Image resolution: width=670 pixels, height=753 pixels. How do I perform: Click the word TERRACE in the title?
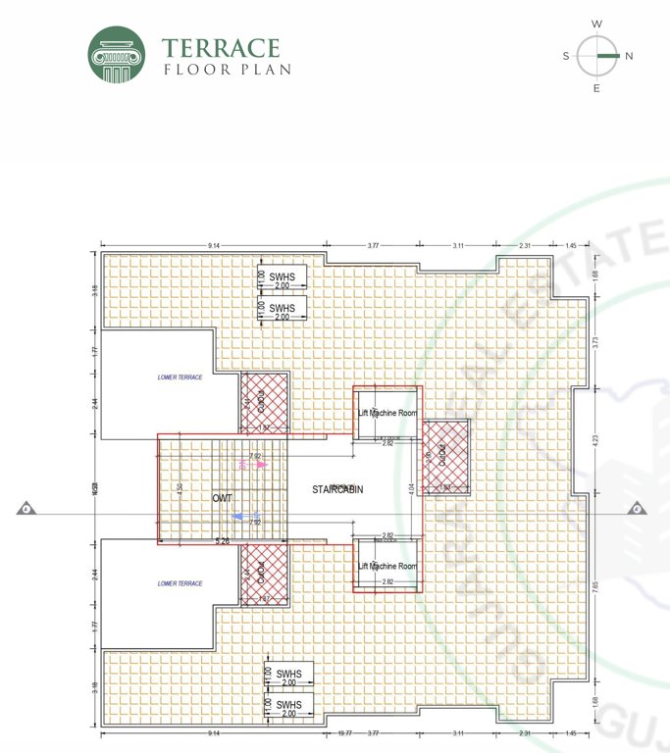(x=221, y=48)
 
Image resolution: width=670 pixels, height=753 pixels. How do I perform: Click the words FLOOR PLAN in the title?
(x=227, y=70)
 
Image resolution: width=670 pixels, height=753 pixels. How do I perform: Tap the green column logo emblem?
(x=117, y=55)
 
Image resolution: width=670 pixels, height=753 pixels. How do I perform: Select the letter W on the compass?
(x=596, y=24)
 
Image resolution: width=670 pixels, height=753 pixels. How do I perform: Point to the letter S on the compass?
(x=566, y=56)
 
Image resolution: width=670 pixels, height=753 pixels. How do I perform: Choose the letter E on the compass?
(x=596, y=88)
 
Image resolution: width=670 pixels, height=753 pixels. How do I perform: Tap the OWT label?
(x=223, y=498)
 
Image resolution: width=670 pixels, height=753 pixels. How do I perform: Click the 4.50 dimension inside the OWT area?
(x=179, y=488)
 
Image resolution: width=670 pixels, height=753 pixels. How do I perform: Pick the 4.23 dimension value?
(x=595, y=440)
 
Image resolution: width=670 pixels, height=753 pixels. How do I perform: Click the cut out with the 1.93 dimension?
(x=444, y=457)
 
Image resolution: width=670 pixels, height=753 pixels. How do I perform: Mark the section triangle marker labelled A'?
(x=637, y=509)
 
